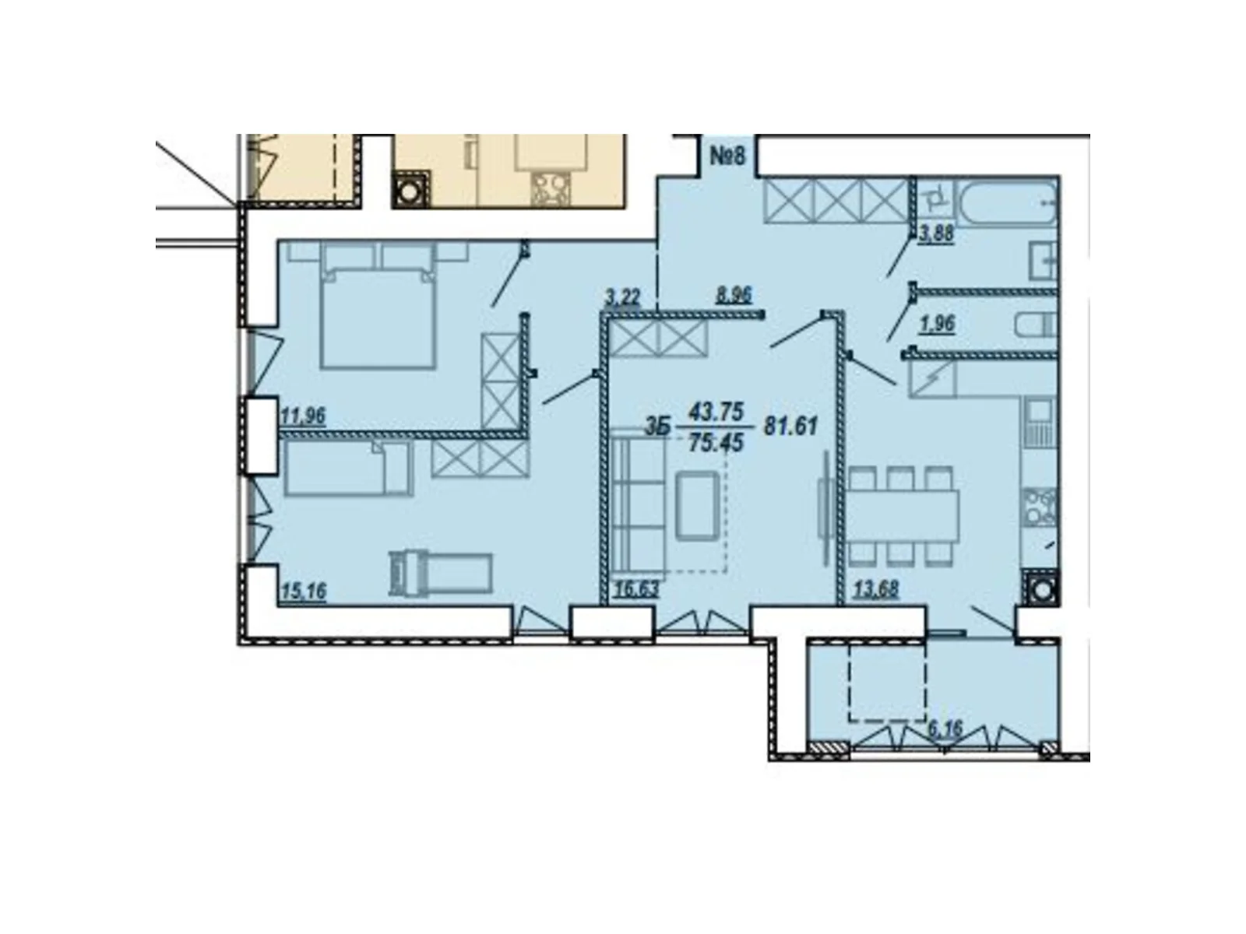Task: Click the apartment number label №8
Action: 727,155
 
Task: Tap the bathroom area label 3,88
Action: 935,233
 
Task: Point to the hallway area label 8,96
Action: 734,294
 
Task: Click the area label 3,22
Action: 623,296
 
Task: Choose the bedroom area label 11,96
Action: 303,416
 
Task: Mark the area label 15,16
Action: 304,591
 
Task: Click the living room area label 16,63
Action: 636,589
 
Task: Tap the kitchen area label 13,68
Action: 876,589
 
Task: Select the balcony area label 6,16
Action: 945,729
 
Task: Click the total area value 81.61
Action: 790,425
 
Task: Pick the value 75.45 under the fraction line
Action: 715,443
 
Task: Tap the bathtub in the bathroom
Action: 1008,202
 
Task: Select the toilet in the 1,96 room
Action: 1037,326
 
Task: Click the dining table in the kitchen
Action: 903,515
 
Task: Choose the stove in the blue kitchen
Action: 1040,507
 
